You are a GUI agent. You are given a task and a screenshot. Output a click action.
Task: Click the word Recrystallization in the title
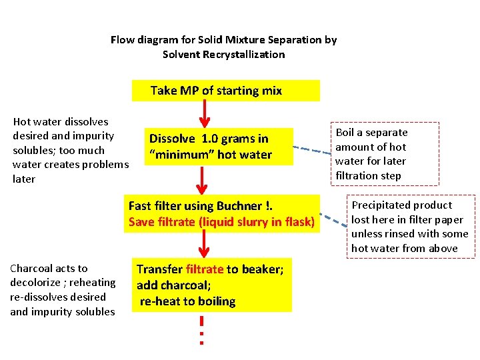pyautogui.click(x=240, y=54)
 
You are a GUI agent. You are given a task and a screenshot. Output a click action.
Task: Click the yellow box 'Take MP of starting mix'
pyautogui.click(x=216, y=91)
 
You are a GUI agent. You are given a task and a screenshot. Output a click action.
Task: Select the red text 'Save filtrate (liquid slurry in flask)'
pyautogui.click(x=221, y=222)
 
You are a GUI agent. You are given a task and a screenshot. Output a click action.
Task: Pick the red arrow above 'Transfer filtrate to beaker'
pyautogui.click(x=205, y=246)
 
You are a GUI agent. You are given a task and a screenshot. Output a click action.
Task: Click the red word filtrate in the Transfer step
pyautogui.click(x=205, y=269)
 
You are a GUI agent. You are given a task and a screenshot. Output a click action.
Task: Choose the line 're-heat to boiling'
pyautogui.click(x=187, y=301)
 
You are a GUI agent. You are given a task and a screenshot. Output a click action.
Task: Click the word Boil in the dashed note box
pyautogui.click(x=345, y=133)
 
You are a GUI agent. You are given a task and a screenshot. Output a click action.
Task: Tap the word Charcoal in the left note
pyautogui.click(x=33, y=268)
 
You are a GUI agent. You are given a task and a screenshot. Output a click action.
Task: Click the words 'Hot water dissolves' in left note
pyautogui.click(x=61, y=122)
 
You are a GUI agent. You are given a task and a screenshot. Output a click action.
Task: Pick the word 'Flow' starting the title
pyautogui.click(x=123, y=40)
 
